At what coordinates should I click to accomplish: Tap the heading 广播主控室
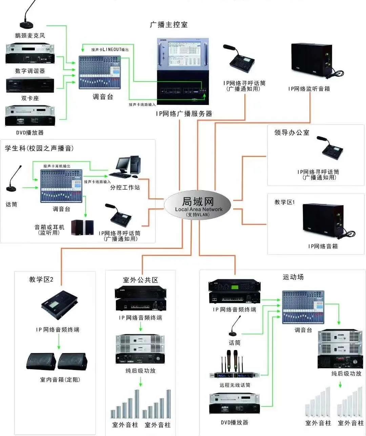(x=168, y=25)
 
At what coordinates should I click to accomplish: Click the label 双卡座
(x=30, y=98)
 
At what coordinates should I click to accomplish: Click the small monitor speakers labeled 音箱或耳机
(x=82, y=227)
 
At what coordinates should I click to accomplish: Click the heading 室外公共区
(x=141, y=280)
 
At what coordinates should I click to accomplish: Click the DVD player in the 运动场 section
(x=235, y=404)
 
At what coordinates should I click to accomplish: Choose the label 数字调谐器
(x=30, y=71)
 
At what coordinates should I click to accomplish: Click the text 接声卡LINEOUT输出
(x=110, y=50)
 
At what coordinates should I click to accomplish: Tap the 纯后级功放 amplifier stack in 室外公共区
(x=140, y=349)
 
